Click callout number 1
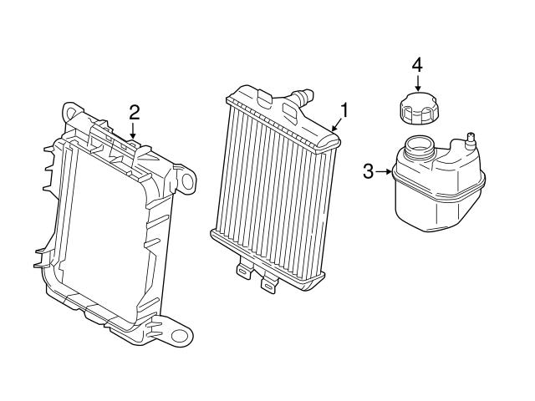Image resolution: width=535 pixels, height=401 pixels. point(344,109)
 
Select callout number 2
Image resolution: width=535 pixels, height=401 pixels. point(133,112)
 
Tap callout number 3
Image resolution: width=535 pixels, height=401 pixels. point(369,173)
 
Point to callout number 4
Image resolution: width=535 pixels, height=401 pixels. point(417,63)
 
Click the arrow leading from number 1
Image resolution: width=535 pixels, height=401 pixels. point(336,123)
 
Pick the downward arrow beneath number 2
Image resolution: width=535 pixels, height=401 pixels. point(133,131)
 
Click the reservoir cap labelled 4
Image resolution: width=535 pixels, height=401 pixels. point(415,108)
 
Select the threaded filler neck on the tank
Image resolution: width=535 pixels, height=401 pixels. point(419,151)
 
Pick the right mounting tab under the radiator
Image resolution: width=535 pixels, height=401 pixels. point(268,283)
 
